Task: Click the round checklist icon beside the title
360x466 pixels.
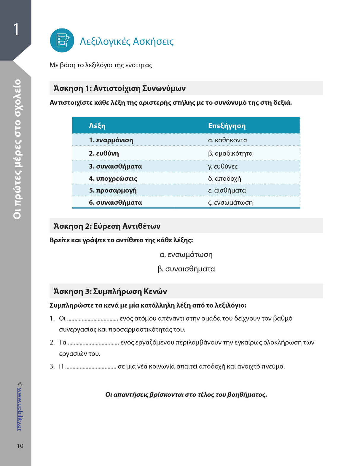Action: [x=62, y=40]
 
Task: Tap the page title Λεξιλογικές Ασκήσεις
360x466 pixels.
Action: [x=127, y=41]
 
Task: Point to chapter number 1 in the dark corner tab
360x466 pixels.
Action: [x=16, y=29]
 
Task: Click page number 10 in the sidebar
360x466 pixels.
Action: [x=20, y=446]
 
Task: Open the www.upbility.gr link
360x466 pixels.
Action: [x=20, y=409]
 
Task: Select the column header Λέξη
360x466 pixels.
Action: [x=97, y=126]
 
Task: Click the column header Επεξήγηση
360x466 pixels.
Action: [x=227, y=126]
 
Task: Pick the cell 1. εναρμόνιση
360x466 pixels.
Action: [x=111, y=140]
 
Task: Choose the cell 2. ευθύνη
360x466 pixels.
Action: [x=104, y=153]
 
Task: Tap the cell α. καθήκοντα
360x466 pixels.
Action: [x=227, y=140]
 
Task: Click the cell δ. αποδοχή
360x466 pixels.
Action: [x=224, y=179]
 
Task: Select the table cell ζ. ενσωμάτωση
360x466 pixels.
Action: [x=230, y=203]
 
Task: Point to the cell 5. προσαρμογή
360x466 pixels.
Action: [x=113, y=190]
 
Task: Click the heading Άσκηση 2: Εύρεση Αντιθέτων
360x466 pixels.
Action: [x=107, y=226]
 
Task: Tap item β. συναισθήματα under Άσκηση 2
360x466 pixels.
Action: [x=186, y=269]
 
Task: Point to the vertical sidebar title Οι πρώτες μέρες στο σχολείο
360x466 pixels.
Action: [x=17, y=149]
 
